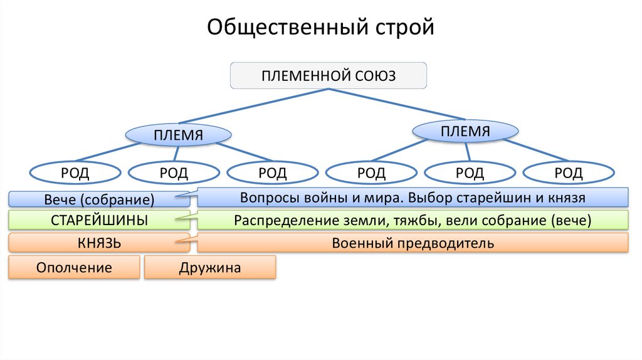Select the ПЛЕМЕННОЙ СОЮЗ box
pos(329,75)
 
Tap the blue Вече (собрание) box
pos(99,200)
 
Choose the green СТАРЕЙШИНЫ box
pos(99,221)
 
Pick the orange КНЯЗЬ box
pos(99,243)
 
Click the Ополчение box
pos(74,268)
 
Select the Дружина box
pos(209,268)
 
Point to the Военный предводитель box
pos(413,243)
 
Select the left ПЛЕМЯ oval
pos(179,135)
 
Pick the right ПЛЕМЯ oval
pos(465,131)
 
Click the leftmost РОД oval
pos(74,172)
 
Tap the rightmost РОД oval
pos(568,172)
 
